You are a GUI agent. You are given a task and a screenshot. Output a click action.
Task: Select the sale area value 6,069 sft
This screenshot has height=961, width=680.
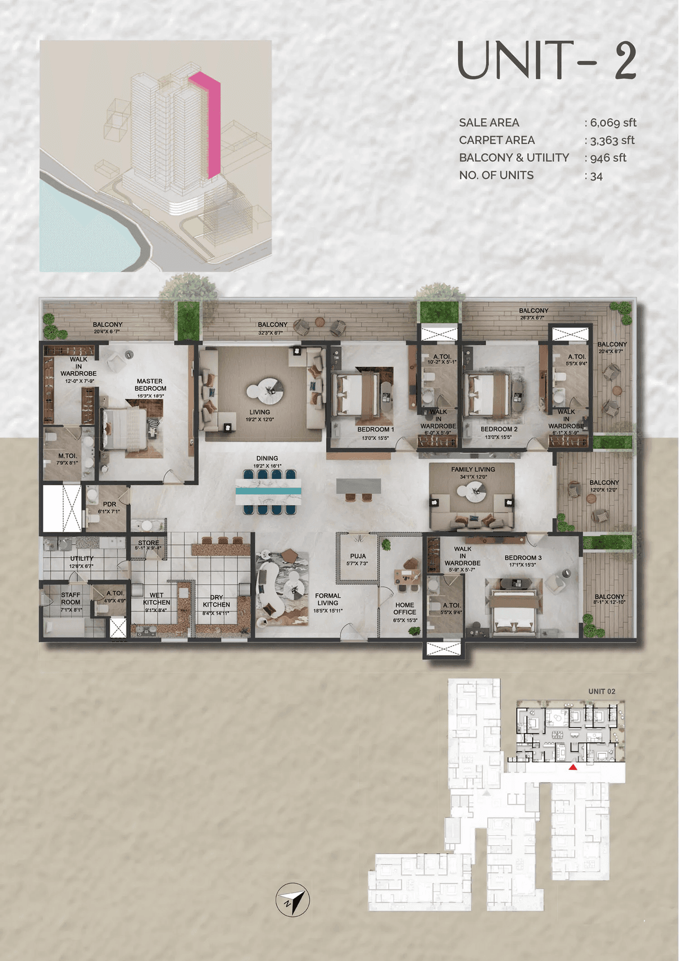(x=613, y=123)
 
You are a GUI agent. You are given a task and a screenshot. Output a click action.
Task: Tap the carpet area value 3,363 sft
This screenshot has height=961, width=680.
(x=611, y=140)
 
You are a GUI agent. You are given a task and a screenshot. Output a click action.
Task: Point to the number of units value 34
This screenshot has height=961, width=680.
(x=596, y=176)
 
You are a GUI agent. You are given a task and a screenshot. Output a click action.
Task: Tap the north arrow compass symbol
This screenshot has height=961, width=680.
(x=293, y=899)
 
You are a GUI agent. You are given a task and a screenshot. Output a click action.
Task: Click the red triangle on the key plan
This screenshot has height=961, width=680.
(x=573, y=767)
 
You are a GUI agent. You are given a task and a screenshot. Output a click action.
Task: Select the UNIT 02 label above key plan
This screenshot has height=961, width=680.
(x=601, y=691)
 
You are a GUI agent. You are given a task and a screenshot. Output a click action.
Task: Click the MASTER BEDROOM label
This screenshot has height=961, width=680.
(x=150, y=385)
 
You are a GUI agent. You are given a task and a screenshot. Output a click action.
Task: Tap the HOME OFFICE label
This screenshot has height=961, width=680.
(x=404, y=608)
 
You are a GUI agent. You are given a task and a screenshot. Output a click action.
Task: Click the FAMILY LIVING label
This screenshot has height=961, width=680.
(x=473, y=469)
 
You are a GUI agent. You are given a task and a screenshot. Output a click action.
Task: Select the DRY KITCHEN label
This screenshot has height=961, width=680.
(x=216, y=601)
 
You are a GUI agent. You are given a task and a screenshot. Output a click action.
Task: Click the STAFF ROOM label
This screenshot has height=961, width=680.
(x=71, y=598)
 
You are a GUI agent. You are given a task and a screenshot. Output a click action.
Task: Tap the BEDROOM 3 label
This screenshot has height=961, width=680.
(x=523, y=558)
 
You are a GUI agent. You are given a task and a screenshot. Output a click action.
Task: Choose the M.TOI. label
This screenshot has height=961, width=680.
(x=67, y=456)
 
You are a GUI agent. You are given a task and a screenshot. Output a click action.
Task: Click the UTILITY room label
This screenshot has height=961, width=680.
(x=81, y=559)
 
